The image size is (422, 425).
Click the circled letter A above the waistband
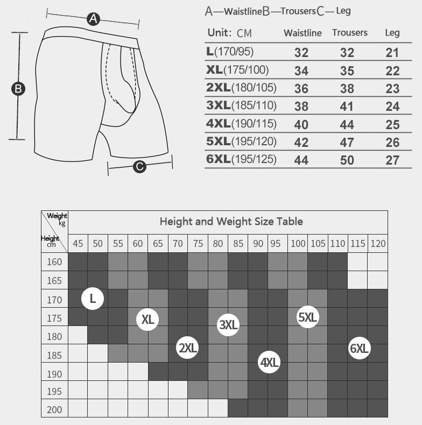point(93,19)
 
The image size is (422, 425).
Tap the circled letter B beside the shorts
point(18,89)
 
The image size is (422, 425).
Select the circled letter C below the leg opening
point(139,166)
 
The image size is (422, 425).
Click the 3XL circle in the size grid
point(228,325)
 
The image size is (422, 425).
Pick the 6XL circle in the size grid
point(360,348)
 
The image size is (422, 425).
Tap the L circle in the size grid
point(93,299)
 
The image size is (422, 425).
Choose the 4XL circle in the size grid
point(269,362)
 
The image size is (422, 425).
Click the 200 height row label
point(54,409)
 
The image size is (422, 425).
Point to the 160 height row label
point(54,262)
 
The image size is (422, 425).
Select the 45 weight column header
point(78,243)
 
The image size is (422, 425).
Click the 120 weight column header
point(378,243)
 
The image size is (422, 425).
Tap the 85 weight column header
point(238,243)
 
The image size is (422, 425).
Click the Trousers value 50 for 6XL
point(347,160)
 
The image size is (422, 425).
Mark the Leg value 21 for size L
point(392,53)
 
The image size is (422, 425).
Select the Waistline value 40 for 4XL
point(301,125)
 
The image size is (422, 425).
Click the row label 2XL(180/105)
point(241,88)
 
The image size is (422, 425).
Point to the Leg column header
point(392,33)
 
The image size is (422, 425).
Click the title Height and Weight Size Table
point(231,222)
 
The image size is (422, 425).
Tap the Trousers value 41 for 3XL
point(347,107)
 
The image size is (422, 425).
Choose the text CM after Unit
point(244,33)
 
